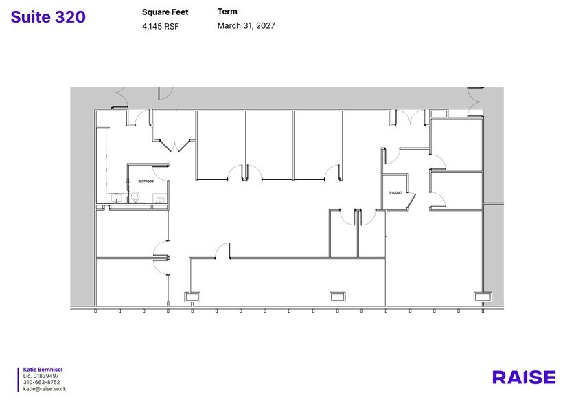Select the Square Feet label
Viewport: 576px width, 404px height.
coord(165,12)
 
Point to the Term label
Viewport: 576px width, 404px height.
coord(227,12)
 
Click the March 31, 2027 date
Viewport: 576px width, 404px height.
coord(246,26)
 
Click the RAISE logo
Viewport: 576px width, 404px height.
coord(524,377)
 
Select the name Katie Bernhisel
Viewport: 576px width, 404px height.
coord(43,370)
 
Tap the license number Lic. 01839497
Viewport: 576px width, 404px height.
coord(41,376)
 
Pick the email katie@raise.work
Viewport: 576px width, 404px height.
coord(44,389)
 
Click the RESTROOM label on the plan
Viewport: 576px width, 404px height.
coord(146,181)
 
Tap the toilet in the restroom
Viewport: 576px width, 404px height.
coord(137,198)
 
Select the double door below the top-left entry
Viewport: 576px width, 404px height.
coord(175,146)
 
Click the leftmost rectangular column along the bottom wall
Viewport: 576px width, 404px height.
coord(192,296)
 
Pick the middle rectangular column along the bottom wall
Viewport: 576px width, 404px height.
coord(338,296)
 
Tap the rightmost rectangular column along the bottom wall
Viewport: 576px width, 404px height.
coord(482,296)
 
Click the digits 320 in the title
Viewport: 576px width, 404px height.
coord(71,17)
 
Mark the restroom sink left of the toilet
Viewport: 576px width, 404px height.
coord(117,199)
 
